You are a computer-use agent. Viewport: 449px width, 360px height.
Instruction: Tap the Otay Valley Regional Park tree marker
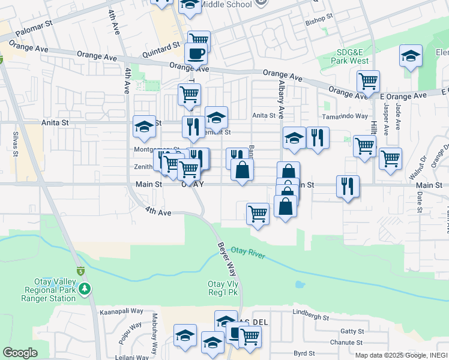pos(85,289)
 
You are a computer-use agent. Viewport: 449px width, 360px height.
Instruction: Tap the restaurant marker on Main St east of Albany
pos(348,186)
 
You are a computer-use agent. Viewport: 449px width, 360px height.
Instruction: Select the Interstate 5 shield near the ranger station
pos(80,272)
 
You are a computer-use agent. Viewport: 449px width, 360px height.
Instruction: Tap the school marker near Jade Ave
pos(411,56)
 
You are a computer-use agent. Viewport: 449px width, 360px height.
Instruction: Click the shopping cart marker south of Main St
pos(258,212)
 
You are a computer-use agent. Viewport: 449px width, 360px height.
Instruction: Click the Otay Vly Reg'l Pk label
pos(223,289)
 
